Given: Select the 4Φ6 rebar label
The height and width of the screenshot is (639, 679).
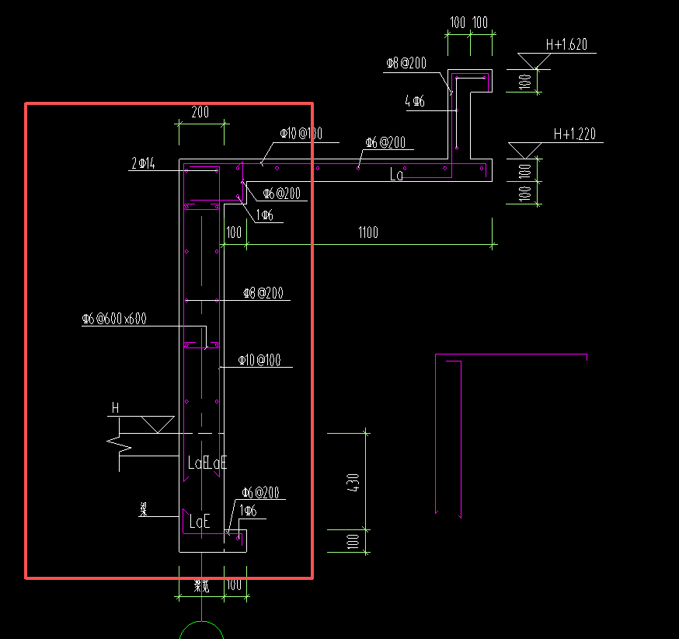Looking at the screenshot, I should [x=414, y=101].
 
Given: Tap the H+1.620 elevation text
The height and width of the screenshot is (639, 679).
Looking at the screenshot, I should [x=566, y=45].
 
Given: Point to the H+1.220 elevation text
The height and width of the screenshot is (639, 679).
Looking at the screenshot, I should [x=574, y=134].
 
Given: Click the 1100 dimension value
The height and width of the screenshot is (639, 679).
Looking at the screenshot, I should [x=368, y=232].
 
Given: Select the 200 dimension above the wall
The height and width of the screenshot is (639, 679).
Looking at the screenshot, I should [x=200, y=112].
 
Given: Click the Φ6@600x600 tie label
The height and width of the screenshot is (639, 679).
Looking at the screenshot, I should [x=114, y=319].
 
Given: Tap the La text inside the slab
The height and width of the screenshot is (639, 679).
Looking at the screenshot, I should [x=397, y=176].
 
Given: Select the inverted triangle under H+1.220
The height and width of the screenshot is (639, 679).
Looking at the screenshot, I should [x=524, y=150].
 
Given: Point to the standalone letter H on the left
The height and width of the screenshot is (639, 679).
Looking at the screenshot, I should [x=116, y=407].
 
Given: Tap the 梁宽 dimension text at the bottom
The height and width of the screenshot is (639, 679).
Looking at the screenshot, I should [x=201, y=587].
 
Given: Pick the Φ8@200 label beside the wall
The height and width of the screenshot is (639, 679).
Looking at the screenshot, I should [x=263, y=293].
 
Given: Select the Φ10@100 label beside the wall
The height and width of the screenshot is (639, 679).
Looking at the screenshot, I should [x=259, y=360].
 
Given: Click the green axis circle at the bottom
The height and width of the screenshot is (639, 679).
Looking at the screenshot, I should [x=201, y=630].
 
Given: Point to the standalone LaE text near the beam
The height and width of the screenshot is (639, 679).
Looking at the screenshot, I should [x=200, y=522].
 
